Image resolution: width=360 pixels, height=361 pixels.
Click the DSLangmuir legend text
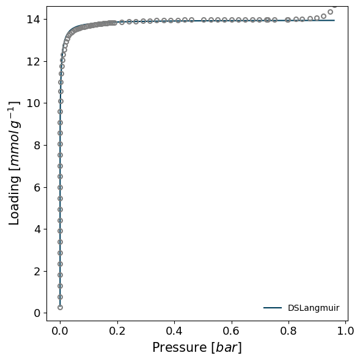pos(314,308)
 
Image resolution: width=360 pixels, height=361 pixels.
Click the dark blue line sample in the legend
pos(273,308)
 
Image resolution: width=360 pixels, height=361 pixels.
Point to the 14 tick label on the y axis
pos(34,20)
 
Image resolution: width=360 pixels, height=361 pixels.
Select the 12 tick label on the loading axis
pos(34,61)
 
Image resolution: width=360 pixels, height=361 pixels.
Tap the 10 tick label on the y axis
pos(34,103)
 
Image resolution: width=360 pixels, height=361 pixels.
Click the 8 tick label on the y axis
pos(37,146)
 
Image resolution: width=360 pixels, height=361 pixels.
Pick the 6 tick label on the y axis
pos(37,188)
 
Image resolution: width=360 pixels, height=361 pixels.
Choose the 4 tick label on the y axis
pos(37,229)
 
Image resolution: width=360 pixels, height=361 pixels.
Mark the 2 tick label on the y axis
pos(37,272)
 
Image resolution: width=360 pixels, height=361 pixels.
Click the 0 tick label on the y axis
pos(37,313)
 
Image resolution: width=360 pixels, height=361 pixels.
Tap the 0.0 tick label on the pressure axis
pos(60,331)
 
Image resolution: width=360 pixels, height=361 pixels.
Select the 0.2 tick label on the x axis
pos(117,331)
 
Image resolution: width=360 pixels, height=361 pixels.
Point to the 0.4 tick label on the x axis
pos(174,331)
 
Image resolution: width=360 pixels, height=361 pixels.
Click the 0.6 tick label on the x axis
pos(232,331)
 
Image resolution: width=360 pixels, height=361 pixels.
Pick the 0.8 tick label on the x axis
pos(288,331)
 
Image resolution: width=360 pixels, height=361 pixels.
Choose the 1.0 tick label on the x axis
pos(345,331)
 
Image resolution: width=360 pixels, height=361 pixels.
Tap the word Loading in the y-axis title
pos(14,200)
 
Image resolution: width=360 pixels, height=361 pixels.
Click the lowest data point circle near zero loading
pos(60,307)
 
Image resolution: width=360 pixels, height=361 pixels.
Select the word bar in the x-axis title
pos(227,347)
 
